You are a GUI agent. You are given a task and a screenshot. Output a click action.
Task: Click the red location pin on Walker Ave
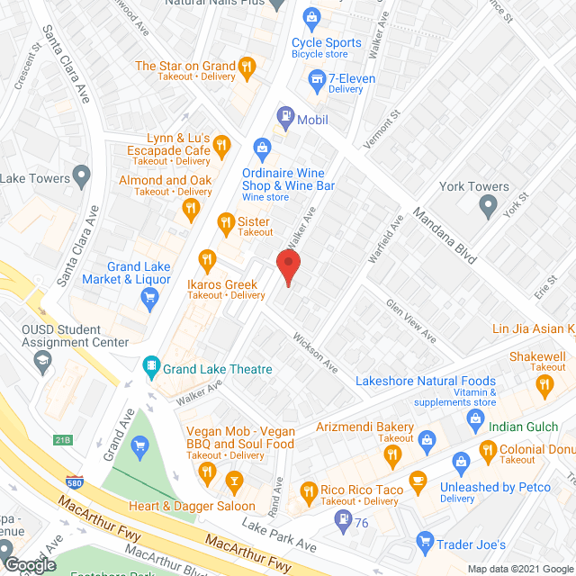[x=287, y=267]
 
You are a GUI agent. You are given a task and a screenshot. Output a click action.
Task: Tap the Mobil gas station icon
[x=285, y=115]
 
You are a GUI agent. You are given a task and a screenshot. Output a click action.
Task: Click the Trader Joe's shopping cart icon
[x=425, y=543]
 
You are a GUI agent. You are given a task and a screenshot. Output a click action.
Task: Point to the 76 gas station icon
[x=343, y=519]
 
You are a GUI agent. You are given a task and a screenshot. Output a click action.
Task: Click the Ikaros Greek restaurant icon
[x=206, y=261]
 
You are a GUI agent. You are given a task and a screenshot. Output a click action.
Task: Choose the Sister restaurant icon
[x=227, y=221]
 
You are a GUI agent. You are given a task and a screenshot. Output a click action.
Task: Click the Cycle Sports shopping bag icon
[x=311, y=17]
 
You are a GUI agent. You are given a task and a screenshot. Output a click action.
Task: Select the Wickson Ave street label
[x=314, y=355]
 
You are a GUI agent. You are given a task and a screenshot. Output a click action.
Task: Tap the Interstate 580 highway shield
[x=73, y=483]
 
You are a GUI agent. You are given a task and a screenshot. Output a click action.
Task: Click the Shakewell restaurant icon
[x=544, y=386]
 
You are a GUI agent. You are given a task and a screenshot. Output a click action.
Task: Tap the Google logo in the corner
[x=29, y=564]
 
